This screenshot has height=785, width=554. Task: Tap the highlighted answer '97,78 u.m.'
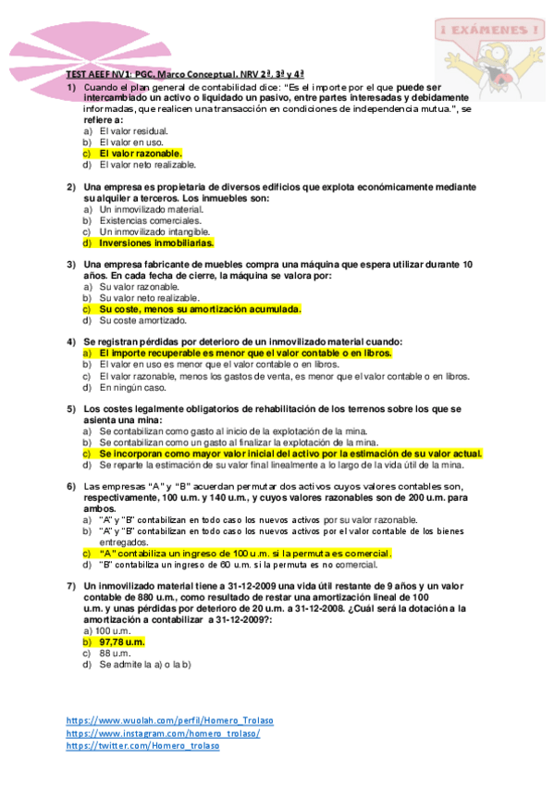[x=121, y=642]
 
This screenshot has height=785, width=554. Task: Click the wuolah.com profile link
[x=169, y=720]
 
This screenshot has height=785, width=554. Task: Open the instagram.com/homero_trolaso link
[x=163, y=733]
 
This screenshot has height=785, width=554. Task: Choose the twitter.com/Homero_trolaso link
[x=143, y=746]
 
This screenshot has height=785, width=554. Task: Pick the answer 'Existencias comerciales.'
[x=150, y=221]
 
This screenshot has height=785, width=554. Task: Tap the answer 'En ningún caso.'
[x=132, y=388]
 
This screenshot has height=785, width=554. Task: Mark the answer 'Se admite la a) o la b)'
[x=144, y=664]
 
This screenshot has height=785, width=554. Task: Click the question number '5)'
[x=70, y=408]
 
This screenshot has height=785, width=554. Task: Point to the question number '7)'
[x=70, y=586]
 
